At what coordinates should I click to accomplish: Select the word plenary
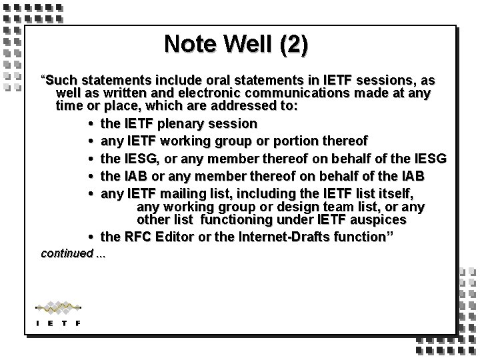click(186, 123)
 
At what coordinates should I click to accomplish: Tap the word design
click(305, 206)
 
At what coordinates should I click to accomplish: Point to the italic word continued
click(66, 253)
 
